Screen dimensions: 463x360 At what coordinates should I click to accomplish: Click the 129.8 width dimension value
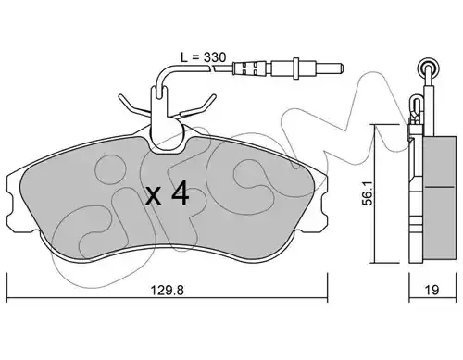tap(167, 291)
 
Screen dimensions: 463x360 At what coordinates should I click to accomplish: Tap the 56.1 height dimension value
tap(368, 193)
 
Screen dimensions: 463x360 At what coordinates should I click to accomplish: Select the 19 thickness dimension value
tap(432, 290)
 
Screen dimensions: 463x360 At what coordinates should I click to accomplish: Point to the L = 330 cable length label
tap(203, 57)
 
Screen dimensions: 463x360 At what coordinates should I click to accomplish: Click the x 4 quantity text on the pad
tap(167, 193)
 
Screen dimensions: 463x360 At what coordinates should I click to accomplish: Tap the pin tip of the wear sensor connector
tap(341, 68)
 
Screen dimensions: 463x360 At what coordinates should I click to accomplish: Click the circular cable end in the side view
tap(428, 68)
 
